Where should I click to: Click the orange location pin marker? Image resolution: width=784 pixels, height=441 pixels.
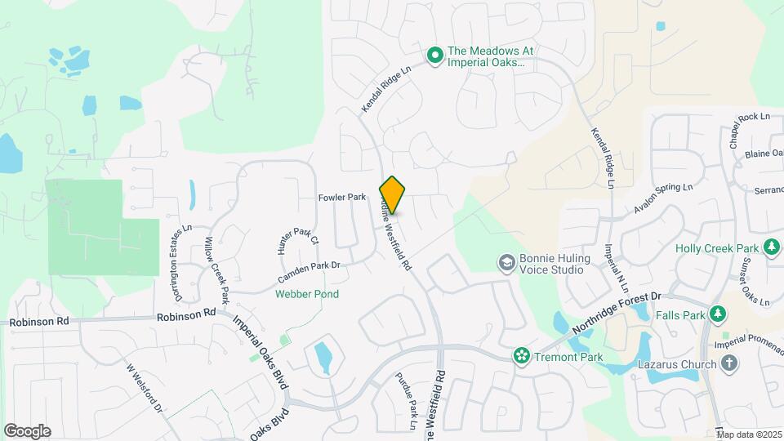pos(393,194)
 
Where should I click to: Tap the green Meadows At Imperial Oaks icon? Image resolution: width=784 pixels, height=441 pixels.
pos(435,56)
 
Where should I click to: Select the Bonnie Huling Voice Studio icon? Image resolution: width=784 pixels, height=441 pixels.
pos(506,261)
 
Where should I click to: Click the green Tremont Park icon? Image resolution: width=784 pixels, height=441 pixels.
pos(520,356)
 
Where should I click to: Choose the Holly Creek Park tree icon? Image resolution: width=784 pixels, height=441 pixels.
pos(771,247)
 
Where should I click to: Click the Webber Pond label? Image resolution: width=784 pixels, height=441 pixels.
pos(307,294)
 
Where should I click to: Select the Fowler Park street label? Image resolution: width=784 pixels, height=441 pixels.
pos(341,198)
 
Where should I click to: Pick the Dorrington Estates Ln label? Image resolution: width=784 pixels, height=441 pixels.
pos(179,254)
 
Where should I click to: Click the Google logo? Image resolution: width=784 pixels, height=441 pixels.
pos(27,430)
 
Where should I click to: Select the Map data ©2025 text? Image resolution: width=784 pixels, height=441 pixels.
pos(748,434)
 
